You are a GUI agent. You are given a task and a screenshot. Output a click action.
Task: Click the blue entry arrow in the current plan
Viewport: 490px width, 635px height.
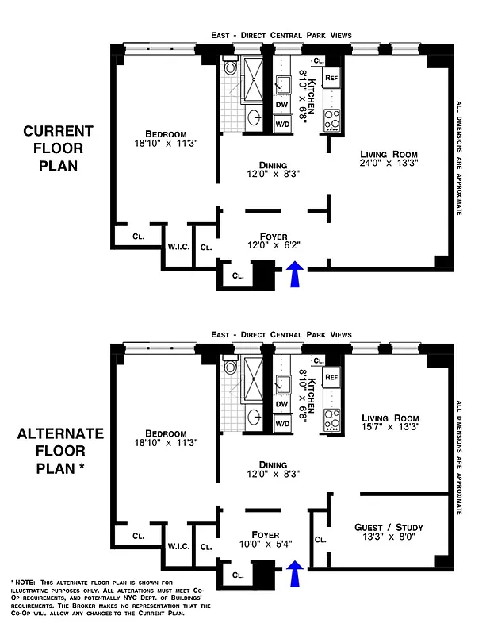[295, 275]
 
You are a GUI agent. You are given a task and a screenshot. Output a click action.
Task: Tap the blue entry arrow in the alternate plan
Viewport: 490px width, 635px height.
[295, 573]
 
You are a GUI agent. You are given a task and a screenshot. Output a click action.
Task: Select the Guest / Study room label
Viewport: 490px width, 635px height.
[388, 527]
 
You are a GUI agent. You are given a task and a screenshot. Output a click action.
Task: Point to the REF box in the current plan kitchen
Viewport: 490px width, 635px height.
[331, 79]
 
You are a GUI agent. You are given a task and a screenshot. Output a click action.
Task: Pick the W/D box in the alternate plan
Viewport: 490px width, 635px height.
[282, 423]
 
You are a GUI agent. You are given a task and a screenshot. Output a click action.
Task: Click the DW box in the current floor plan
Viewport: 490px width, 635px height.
[282, 104]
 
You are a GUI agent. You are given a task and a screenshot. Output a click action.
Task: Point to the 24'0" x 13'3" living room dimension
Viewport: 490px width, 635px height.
[389, 163]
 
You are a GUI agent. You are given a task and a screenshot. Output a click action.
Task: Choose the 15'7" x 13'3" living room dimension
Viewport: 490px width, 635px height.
[389, 426]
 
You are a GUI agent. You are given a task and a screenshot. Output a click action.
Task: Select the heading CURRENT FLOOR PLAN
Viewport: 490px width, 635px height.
[58, 149]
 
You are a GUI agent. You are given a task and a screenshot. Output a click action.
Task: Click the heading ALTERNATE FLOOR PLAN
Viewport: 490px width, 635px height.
[60, 451]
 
